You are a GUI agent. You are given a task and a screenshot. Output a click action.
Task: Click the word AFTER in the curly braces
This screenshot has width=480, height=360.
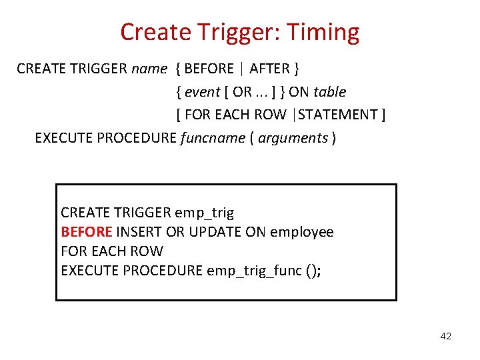pos(269,69)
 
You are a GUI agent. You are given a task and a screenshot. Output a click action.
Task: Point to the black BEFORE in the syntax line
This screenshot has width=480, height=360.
pos(209,69)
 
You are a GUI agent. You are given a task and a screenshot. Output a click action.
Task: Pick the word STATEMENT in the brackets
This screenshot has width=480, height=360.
pos(338,115)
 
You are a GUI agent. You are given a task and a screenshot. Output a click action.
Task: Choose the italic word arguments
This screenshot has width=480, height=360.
pos(293,138)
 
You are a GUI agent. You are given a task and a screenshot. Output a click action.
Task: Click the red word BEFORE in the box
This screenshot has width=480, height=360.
pos(87,232)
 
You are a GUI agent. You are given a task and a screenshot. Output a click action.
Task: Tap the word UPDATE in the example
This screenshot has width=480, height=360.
pos(215,232)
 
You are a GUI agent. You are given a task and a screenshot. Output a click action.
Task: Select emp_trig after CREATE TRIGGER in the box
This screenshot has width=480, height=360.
pos(204,213)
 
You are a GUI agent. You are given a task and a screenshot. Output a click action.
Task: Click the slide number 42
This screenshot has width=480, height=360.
pos(445,337)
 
